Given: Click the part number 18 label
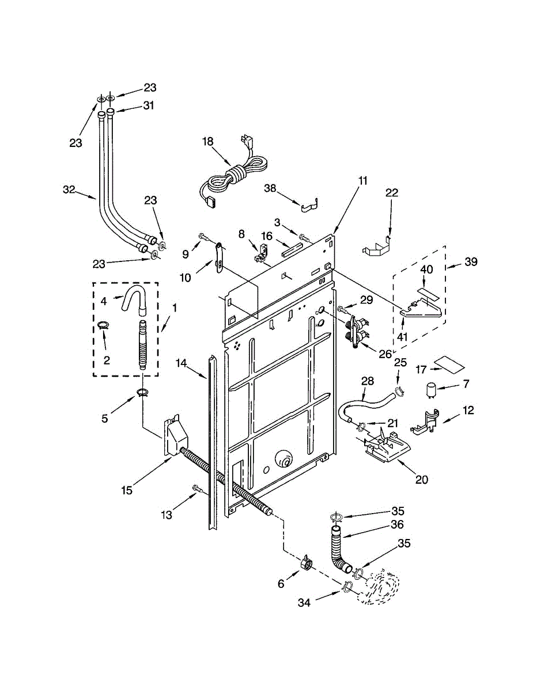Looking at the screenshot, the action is pyautogui.click(x=208, y=141).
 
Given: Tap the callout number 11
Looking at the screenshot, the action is pyautogui.click(x=362, y=181).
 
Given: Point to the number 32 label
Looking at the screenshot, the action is pyautogui.click(x=69, y=189).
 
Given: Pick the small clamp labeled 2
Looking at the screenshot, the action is pyautogui.click(x=104, y=325).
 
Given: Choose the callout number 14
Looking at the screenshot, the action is pyautogui.click(x=181, y=363).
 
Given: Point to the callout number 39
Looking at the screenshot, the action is pyautogui.click(x=471, y=261).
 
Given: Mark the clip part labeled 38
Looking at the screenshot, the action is pyautogui.click(x=309, y=206).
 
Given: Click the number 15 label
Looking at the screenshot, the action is pyautogui.click(x=127, y=491).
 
